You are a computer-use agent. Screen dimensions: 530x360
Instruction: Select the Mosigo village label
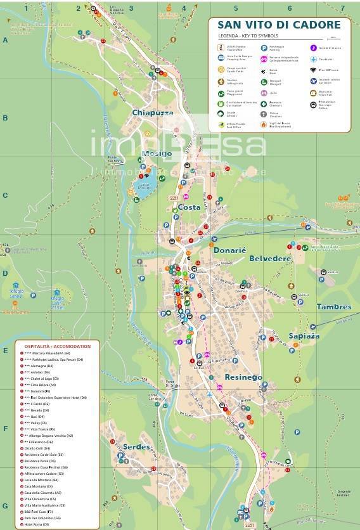pyautogui.click(x=157, y=153)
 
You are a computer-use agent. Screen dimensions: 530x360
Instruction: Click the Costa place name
pyautogui.click(x=189, y=207)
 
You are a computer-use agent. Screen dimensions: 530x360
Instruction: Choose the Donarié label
pyautogui.click(x=229, y=250)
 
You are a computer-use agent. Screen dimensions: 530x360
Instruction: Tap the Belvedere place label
pyautogui.click(x=270, y=259)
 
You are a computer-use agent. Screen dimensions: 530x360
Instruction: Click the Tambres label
pyautogui.click(x=334, y=307)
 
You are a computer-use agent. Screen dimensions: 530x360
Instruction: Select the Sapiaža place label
pyautogui.click(x=304, y=335)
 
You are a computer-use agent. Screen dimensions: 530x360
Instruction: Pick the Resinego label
pyautogui.click(x=243, y=377)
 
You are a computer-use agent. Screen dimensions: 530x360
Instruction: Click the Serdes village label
pyautogui.click(x=136, y=447)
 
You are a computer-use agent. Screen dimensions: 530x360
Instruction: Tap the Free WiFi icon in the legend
pyautogui.click(x=313, y=70)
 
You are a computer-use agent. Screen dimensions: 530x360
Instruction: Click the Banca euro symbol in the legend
pyautogui.click(x=264, y=70)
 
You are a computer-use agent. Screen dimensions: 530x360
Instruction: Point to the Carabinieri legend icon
pyautogui.click(x=313, y=59)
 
